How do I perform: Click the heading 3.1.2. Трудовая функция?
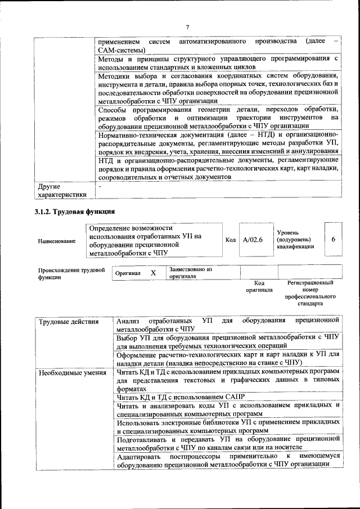click(x=75, y=212)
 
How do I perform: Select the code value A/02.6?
click(x=253, y=240)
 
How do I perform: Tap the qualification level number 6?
click(x=333, y=239)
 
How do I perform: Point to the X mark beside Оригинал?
click(x=153, y=273)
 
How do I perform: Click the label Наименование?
click(x=57, y=241)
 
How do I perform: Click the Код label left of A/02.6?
click(x=231, y=240)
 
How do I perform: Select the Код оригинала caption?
click(x=259, y=286)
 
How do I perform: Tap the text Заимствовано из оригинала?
click(x=190, y=273)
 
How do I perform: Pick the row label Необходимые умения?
click(x=71, y=372)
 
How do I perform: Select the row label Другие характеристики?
click(x=62, y=190)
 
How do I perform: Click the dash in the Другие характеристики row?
click(x=100, y=186)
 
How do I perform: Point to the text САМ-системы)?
click(x=121, y=51)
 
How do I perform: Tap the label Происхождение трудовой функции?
click(x=71, y=273)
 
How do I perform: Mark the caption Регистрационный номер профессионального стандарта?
click(x=310, y=293)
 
